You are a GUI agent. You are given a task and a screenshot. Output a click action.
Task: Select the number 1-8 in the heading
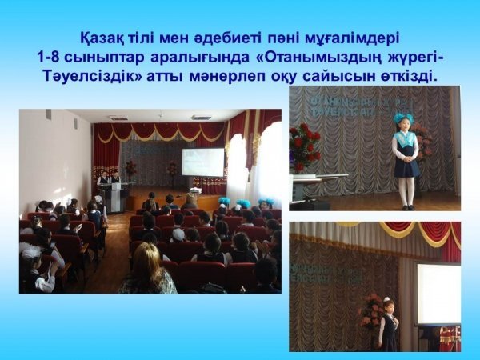tap(48, 58)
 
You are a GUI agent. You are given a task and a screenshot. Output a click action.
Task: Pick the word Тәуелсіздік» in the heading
tap(94, 76)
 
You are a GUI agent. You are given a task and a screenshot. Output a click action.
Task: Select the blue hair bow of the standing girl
tap(403, 118)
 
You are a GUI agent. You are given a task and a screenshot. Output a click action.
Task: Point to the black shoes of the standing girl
tap(408, 207)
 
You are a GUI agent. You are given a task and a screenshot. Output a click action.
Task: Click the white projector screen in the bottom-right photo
tap(438, 294)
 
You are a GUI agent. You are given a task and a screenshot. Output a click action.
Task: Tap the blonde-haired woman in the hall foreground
tap(147, 270)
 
